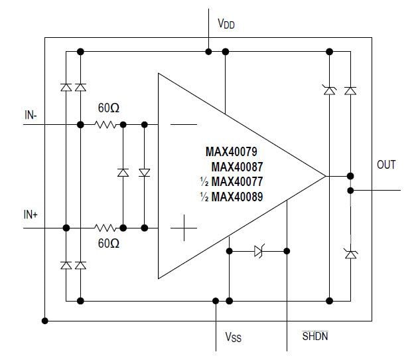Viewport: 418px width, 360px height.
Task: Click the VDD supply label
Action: pyautogui.click(x=226, y=25)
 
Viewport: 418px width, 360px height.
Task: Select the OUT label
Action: pyautogui.click(x=386, y=164)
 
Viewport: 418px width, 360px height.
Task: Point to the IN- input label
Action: pyautogui.click(x=31, y=115)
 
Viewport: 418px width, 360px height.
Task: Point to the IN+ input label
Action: pyautogui.click(x=31, y=215)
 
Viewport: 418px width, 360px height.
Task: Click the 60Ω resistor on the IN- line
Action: pyautogui.click(x=105, y=124)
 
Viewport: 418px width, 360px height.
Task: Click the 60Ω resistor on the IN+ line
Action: pyautogui.click(x=105, y=227)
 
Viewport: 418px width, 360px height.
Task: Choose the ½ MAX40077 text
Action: pyautogui.click(x=237, y=181)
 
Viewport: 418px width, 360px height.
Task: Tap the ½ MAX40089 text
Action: pyautogui.click(x=237, y=197)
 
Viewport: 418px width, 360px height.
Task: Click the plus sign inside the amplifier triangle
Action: pyautogui.click(x=184, y=229)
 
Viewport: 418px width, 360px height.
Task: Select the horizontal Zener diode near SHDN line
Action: pyautogui.click(x=259, y=251)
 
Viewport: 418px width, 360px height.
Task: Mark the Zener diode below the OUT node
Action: pyautogui.click(x=350, y=252)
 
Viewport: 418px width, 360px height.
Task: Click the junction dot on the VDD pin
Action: pyautogui.click(x=208, y=51)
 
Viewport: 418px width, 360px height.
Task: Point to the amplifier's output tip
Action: pyautogui.click(x=325, y=176)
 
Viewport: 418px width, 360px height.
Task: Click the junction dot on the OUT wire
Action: pyautogui.click(x=350, y=191)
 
